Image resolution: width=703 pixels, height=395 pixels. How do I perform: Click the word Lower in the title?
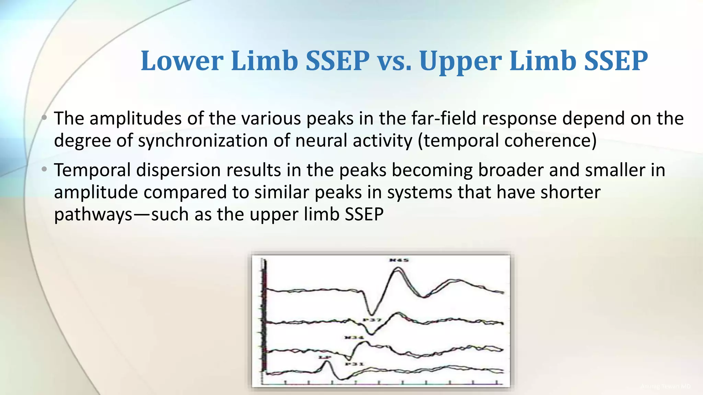[182, 61]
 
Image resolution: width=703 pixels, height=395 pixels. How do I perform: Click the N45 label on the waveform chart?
[399, 260]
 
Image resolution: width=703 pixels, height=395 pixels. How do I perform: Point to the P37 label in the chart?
[372, 320]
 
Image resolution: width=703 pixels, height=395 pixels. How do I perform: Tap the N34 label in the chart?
[354, 338]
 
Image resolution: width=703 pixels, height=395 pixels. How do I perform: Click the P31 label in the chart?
[354, 364]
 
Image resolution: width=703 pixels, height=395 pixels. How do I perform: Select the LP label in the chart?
[324, 357]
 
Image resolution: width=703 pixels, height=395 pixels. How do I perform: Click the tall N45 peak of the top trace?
[397, 269]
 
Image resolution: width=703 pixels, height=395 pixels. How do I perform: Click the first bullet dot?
[44, 118]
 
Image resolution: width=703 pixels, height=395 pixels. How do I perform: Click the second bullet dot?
[44, 169]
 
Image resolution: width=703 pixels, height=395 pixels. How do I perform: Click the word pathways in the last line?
[93, 215]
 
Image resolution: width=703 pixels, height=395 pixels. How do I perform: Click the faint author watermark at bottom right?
[665, 386]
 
